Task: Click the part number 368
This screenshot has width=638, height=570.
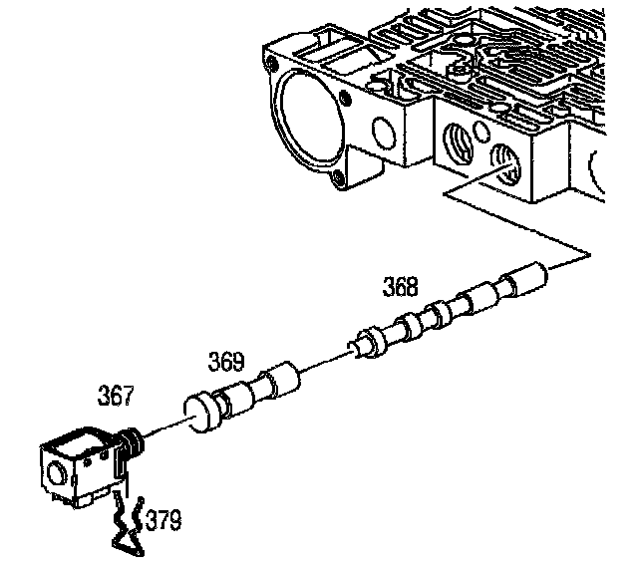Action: point(401,288)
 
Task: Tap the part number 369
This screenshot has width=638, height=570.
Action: point(225,360)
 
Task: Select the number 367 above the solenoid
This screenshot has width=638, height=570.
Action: point(116,397)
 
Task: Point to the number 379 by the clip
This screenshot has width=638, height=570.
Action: point(162,519)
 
